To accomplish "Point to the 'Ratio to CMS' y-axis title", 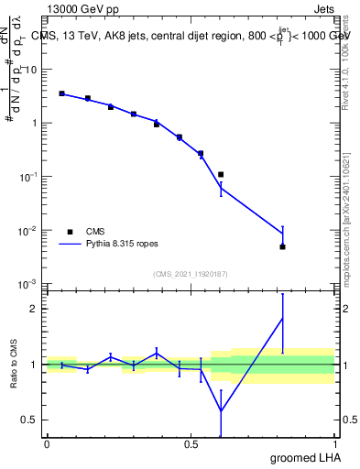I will click(14, 364).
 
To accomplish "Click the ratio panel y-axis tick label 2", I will click(34, 309).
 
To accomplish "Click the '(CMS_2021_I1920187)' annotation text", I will click(191, 273).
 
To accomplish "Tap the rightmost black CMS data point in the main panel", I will click(283, 246).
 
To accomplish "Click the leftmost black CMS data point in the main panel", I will click(61, 93).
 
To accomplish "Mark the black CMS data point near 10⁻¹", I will click(221, 174).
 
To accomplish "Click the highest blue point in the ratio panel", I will click(283, 318).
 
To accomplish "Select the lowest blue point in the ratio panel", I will click(221, 410).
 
